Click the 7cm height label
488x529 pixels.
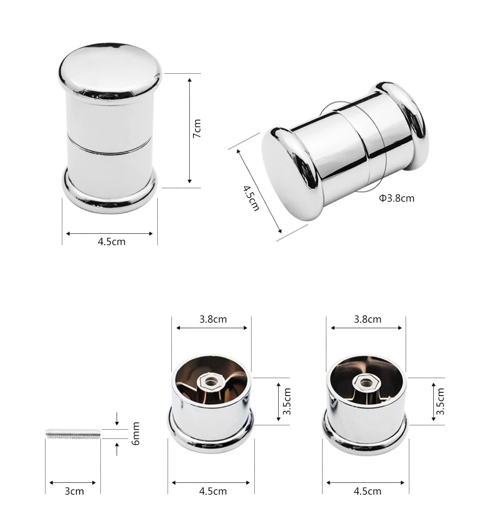coord(197,128)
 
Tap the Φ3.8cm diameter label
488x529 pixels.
coord(396,198)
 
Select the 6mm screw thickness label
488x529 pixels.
coord(136,434)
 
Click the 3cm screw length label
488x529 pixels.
coord(74,491)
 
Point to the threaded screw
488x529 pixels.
coord(73,434)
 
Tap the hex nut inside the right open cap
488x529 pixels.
coord(365,383)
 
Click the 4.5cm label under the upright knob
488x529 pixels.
coord(112,241)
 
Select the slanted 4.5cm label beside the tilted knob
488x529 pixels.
coord(251,198)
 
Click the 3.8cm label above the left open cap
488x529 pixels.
coord(213,319)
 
